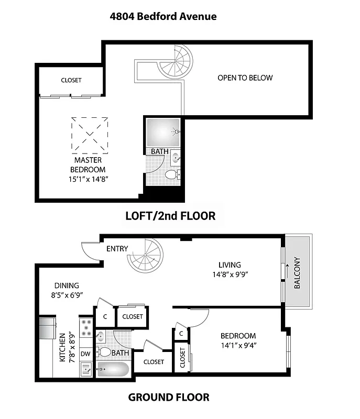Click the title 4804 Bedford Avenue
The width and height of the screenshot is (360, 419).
click(x=163, y=16)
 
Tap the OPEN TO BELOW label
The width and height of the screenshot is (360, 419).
click(x=245, y=78)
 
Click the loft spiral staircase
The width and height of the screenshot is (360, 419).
click(x=176, y=62)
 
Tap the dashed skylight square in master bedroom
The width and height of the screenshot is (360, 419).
click(x=90, y=134)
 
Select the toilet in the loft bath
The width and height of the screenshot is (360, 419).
click(x=171, y=174)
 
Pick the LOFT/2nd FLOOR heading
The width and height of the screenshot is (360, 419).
click(x=170, y=216)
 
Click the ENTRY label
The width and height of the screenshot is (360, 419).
click(x=117, y=248)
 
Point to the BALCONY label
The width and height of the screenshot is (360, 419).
click(x=297, y=272)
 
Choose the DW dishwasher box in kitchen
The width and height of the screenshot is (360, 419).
click(x=85, y=354)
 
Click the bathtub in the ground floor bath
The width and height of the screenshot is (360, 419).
click(x=112, y=369)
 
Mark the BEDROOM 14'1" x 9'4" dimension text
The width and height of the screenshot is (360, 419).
click(x=238, y=345)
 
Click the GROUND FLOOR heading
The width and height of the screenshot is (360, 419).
click(x=169, y=398)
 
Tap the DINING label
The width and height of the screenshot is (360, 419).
click(x=66, y=285)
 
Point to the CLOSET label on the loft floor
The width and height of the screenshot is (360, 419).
click(x=71, y=80)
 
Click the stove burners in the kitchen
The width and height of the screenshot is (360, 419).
click(x=86, y=328)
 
